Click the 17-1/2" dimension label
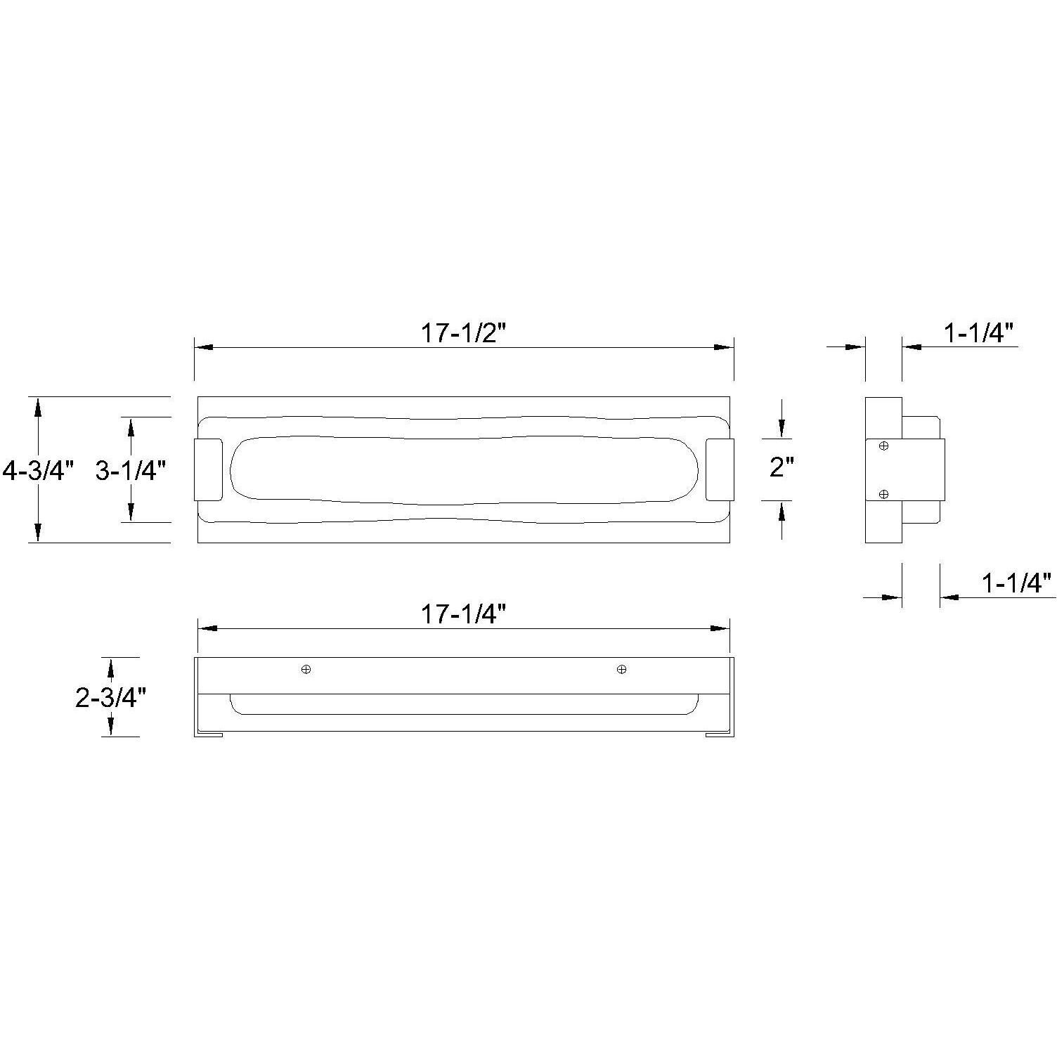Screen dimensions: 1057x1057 (x=463, y=332)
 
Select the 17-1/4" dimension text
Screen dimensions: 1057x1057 (x=463, y=614)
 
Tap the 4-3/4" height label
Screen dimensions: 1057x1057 (x=38, y=470)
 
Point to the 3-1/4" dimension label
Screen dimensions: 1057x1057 (x=131, y=470)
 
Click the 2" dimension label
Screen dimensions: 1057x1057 (x=782, y=466)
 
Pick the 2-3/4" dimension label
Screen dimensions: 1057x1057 (x=110, y=697)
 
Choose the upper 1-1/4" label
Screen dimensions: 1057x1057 (x=980, y=332)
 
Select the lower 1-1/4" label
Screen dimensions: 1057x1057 (x=1016, y=583)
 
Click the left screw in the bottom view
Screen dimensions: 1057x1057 (x=306, y=669)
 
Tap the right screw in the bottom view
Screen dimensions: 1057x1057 (x=621, y=669)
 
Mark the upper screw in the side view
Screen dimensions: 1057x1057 (x=884, y=446)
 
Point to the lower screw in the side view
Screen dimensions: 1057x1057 (x=884, y=494)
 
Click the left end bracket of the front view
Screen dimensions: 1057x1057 (x=208, y=469)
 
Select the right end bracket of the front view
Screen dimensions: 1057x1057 (x=720, y=469)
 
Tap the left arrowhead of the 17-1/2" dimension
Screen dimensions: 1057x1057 (x=203, y=347)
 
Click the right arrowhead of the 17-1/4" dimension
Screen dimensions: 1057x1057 (x=721, y=628)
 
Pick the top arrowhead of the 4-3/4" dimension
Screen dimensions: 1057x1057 (x=38, y=406)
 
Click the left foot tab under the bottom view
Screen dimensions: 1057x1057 (x=209, y=734)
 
